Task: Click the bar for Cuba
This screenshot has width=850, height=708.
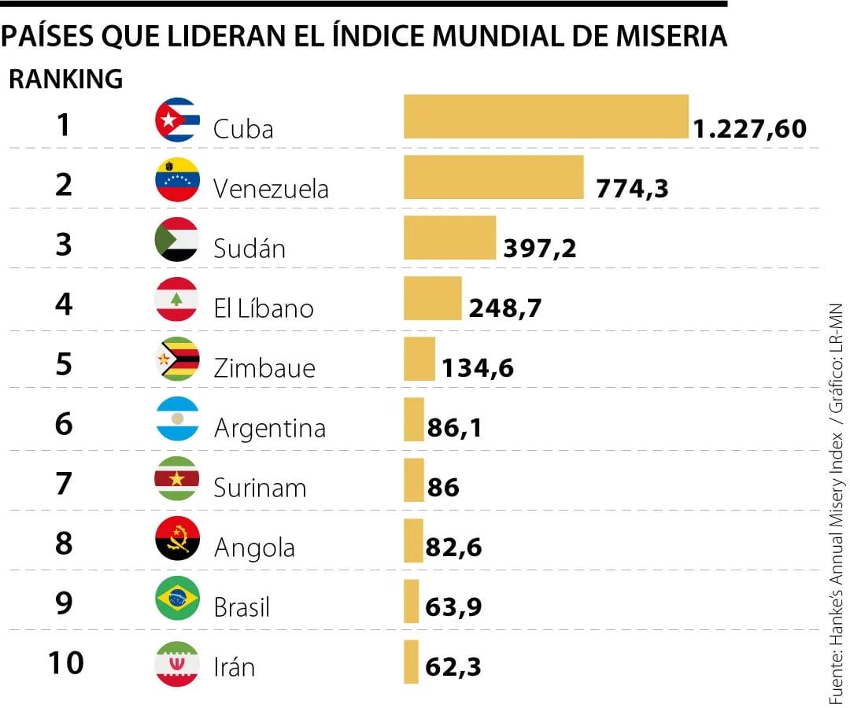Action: click(x=546, y=117)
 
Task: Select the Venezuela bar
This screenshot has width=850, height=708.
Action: click(x=493, y=177)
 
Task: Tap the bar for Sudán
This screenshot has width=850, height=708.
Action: click(x=449, y=238)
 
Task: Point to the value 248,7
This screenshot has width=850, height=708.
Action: click(x=504, y=308)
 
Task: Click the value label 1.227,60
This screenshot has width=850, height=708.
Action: click(x=750, y=129)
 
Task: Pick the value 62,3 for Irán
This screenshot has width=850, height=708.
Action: click(x=453, y=668)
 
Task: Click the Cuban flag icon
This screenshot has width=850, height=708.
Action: click(x=177, y=120)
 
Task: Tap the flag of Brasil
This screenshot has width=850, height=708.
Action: click(x=177, y=599)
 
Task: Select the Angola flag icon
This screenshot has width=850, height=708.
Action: click(x=177, y=539)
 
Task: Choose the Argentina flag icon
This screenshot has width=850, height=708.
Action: click(x=177, y=419)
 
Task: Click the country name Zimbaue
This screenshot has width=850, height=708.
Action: click(x=264, y=368)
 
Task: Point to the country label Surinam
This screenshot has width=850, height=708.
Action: click(x=260, y=488)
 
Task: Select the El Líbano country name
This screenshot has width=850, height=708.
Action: click(x=264, y=308)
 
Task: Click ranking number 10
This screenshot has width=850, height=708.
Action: click(x=65, y=663)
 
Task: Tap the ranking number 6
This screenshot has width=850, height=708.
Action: click(x=65, y=424)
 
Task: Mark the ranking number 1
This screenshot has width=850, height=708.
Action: click(x=65, y=125)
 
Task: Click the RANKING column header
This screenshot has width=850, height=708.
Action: click(x=66, y=79)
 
